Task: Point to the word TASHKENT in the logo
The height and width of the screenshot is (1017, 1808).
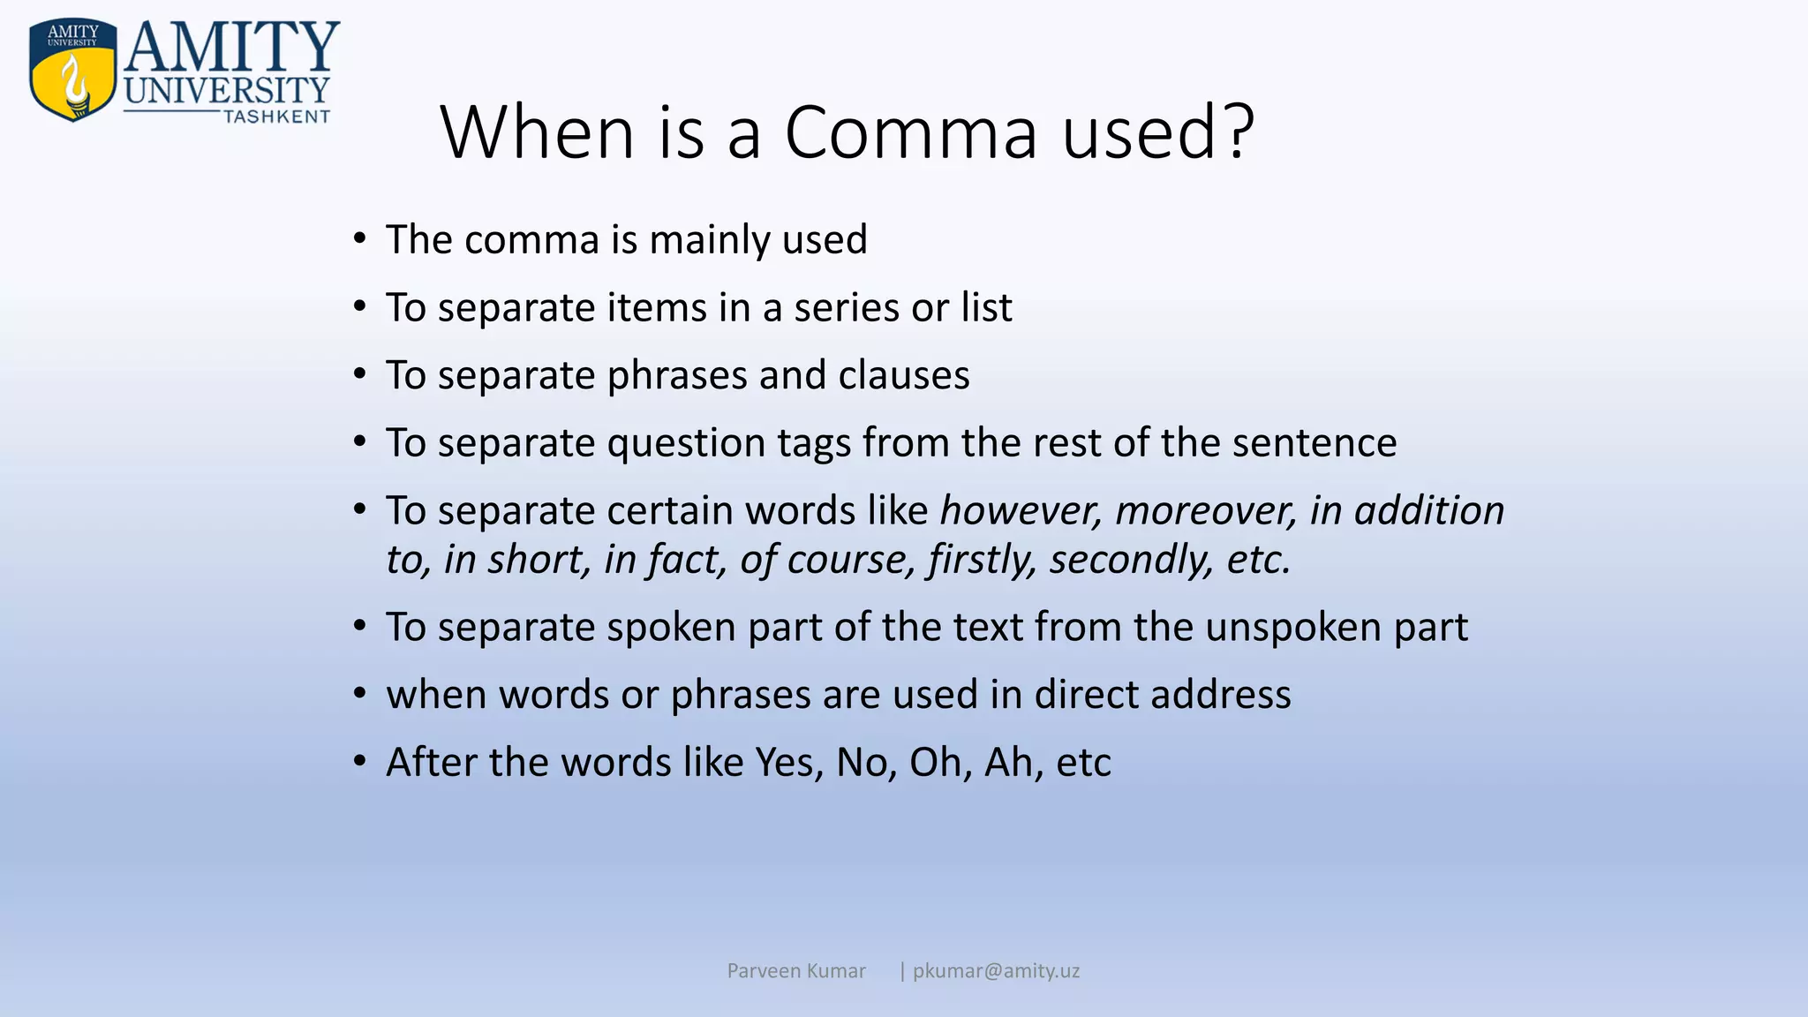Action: point(276,117)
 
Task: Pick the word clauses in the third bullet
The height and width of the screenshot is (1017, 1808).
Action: point(903,375)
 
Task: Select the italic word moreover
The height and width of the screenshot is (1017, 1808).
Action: point(1206,510)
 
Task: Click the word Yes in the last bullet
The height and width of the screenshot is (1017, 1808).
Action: point(788,763)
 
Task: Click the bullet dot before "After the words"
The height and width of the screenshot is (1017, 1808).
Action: point(359,761)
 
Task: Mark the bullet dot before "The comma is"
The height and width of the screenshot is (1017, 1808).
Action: point(359,238)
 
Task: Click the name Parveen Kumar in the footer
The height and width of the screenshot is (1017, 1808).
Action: point(795,971)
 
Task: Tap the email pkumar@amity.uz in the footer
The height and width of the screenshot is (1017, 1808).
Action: point(996,971)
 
